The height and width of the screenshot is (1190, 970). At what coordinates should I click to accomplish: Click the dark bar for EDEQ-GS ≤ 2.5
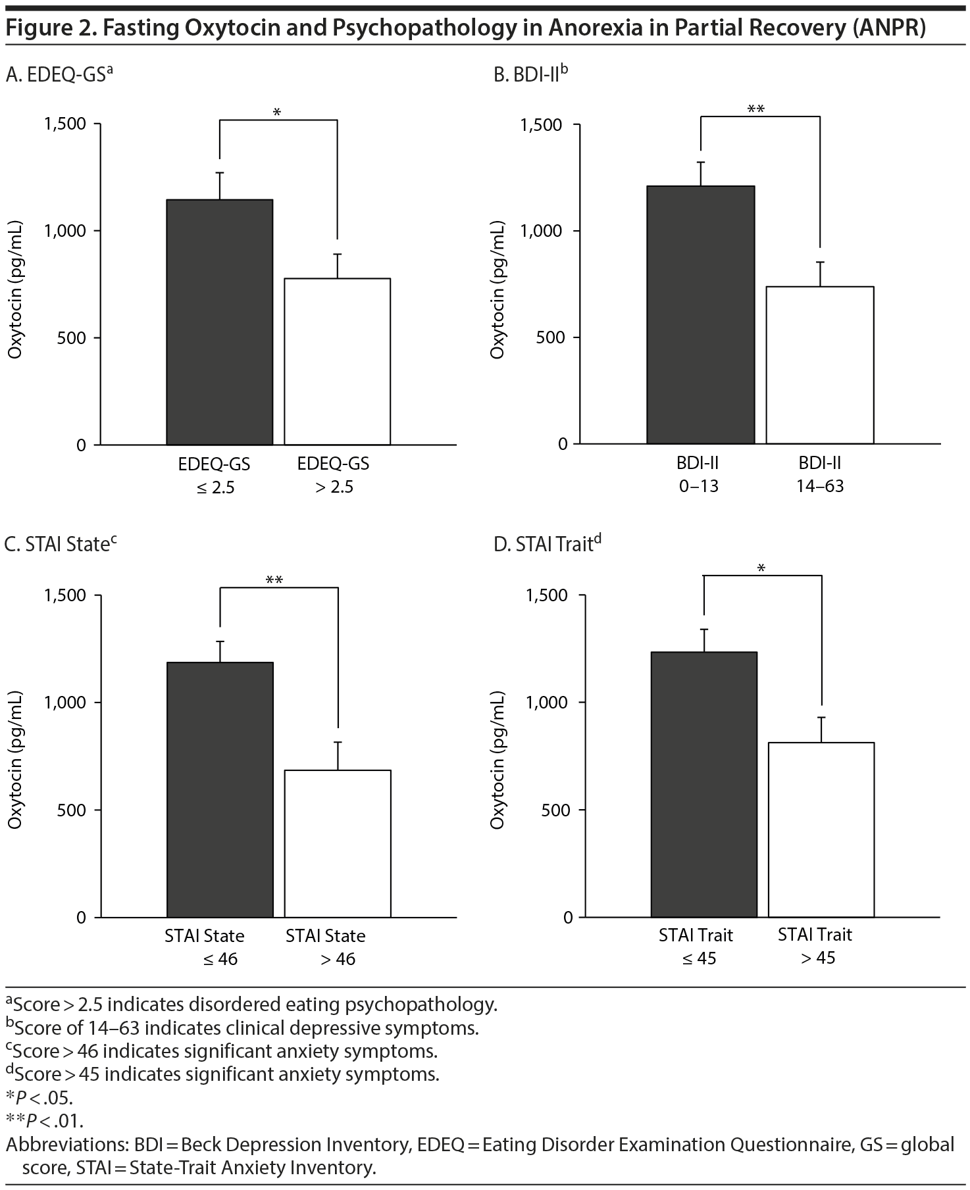tap(219, 322)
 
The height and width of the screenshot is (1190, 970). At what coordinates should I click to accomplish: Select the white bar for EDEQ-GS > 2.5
tap(337, 361)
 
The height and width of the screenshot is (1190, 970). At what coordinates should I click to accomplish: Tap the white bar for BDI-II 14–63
tap(820, 364)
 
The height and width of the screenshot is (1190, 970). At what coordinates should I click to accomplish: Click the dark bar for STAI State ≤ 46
tap(220, 789)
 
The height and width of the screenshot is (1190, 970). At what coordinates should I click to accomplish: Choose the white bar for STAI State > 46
tap(338, 843)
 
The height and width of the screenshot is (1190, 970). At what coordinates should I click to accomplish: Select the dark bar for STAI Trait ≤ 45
tap(704, 784)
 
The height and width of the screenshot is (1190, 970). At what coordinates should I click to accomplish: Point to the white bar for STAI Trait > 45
tap(821, 830)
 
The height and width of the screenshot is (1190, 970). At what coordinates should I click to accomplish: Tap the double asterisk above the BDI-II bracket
tap(756, 109)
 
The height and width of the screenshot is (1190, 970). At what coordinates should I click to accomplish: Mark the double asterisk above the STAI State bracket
tap(274, 580)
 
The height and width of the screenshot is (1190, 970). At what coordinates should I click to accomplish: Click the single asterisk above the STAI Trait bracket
tap(761, 568)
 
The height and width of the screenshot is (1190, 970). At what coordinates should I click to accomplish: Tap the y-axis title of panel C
tap(16, 760)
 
